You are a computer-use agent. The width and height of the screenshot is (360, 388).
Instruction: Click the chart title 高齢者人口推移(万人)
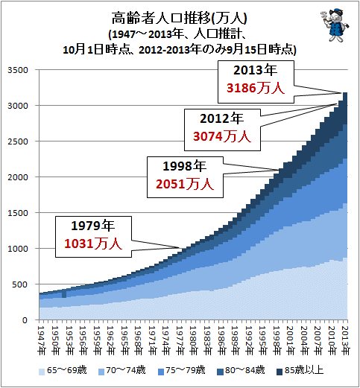point(179,18)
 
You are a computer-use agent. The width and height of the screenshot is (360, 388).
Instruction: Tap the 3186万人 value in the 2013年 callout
point(256,88)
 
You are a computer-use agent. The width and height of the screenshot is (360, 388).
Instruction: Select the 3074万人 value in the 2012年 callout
point(222,136)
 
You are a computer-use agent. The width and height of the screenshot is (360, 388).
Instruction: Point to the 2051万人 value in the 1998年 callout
point(185,184)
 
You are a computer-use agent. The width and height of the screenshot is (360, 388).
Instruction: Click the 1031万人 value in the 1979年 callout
point(93,244)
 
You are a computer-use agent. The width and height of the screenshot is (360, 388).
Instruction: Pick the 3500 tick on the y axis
point(18,70)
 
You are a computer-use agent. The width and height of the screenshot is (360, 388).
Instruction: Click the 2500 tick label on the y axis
point(18,141)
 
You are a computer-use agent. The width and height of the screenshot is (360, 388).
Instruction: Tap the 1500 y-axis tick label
point(18,213)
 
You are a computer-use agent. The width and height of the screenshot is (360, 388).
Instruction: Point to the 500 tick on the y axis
point(20,284)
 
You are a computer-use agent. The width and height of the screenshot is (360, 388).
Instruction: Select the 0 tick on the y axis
point(25,320)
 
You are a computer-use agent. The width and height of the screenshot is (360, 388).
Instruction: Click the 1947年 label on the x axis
point(42,340)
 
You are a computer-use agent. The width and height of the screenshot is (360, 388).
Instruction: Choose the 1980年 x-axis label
point(194,340)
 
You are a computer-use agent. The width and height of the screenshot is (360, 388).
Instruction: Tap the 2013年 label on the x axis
point(345,340)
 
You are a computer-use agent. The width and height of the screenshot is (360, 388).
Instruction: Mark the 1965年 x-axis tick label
point(124,340)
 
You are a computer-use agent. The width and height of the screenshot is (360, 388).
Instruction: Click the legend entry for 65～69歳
point(63,371)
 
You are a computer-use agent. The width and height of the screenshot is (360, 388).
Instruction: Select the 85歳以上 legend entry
point(300,371)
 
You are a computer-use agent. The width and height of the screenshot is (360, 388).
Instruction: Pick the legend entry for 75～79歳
point(182,371)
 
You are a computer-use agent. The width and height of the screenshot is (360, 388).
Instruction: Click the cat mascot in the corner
point(335,25)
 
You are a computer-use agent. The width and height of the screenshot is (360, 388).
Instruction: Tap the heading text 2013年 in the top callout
point(256,70)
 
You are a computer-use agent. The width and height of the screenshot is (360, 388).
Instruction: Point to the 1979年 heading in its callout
point(93,226)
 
